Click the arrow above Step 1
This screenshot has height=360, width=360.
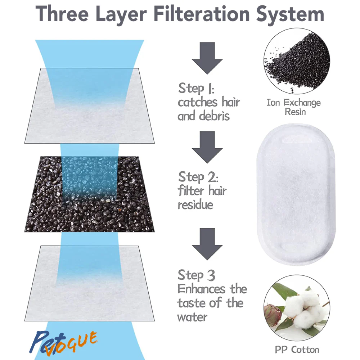[207, 58]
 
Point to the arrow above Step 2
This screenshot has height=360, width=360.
[207, 147]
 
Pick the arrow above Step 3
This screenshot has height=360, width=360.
[207, 244]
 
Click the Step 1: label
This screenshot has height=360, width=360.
[196, 88]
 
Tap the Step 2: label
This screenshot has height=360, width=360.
[198, 177]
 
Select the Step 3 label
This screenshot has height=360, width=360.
[197, 275]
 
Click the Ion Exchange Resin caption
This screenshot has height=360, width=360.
[294, 107]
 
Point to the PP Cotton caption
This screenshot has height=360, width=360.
[297, 350]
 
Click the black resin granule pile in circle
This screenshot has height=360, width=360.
[298, 61]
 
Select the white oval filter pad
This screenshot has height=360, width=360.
[296, 194]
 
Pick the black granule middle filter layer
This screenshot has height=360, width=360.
[90, 194]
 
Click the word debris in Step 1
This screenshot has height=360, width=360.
[215, 116]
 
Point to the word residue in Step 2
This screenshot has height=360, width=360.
[195, 204]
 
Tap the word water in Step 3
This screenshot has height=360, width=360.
[192, 318]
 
